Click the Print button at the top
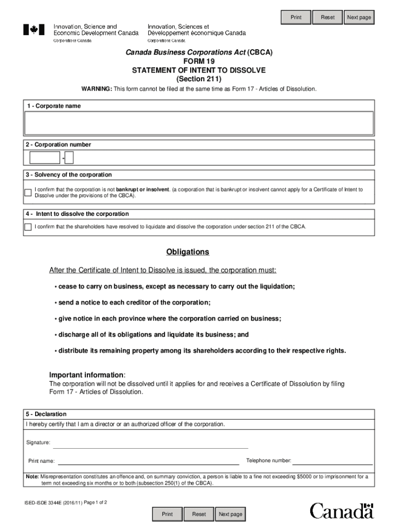(x=296, y=18)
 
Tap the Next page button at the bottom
(x=230, y=514)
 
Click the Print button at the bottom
(x=167, y=514)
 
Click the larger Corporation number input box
(x=45, y=158)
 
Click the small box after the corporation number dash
(x=69, y=158)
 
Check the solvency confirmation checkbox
(x=28, y=193)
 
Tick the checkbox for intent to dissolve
(x=28, y=227)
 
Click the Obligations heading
(x=188, y=252)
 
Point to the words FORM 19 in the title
(x=200, y=61)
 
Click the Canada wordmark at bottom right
(x=341, y=511)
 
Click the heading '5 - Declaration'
(x=47, y=414)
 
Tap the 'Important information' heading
(x=87, y=375)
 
